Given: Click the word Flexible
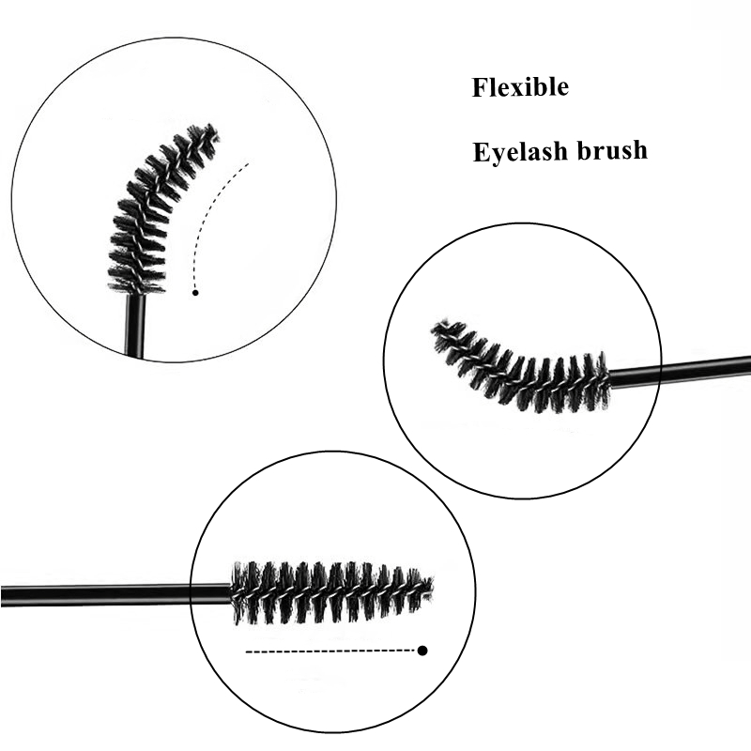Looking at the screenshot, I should [520, 88].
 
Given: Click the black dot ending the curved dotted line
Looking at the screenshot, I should [195, 293].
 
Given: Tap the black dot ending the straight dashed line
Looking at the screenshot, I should [422, 650].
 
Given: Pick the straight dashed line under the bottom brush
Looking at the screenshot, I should [329, 650].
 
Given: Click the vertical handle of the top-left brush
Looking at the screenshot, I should [134, 324].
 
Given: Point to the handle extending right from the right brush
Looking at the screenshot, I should [681, 371].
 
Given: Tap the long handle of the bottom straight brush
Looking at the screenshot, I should [113, 594].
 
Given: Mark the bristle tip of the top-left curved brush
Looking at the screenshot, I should [208, 132].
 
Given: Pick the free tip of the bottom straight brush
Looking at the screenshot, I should [428, 588].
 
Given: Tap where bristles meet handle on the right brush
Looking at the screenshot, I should [608, 377].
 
